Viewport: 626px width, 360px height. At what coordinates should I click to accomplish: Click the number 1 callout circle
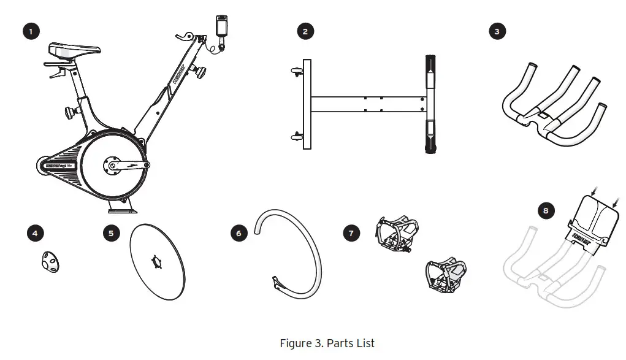pyautogui.click(x=30, y=31)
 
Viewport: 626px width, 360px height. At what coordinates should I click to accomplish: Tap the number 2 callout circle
pyautogui.click(x=305, y=31)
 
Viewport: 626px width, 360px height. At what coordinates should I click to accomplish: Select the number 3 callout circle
pyautogui.click(x=497, y=31)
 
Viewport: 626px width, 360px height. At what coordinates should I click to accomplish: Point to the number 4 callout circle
pyautogui.click(x=36, y=233)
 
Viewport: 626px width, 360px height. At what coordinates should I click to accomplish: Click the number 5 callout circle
pyautogui.click(x=110, y=233)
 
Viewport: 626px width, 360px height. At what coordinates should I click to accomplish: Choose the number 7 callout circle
pyautogui.click(x=351, y=233)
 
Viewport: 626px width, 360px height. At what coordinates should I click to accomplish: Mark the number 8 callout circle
pyautogui.click(x=545, y=211)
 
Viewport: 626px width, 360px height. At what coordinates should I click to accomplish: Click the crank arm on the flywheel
pyautogui.click(x=127, y=165)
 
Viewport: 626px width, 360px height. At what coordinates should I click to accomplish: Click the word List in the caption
pyautogui.click(x=363, y=343)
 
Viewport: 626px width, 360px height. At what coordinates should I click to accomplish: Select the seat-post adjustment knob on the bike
pyautogui.click(x=69, y=113)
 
